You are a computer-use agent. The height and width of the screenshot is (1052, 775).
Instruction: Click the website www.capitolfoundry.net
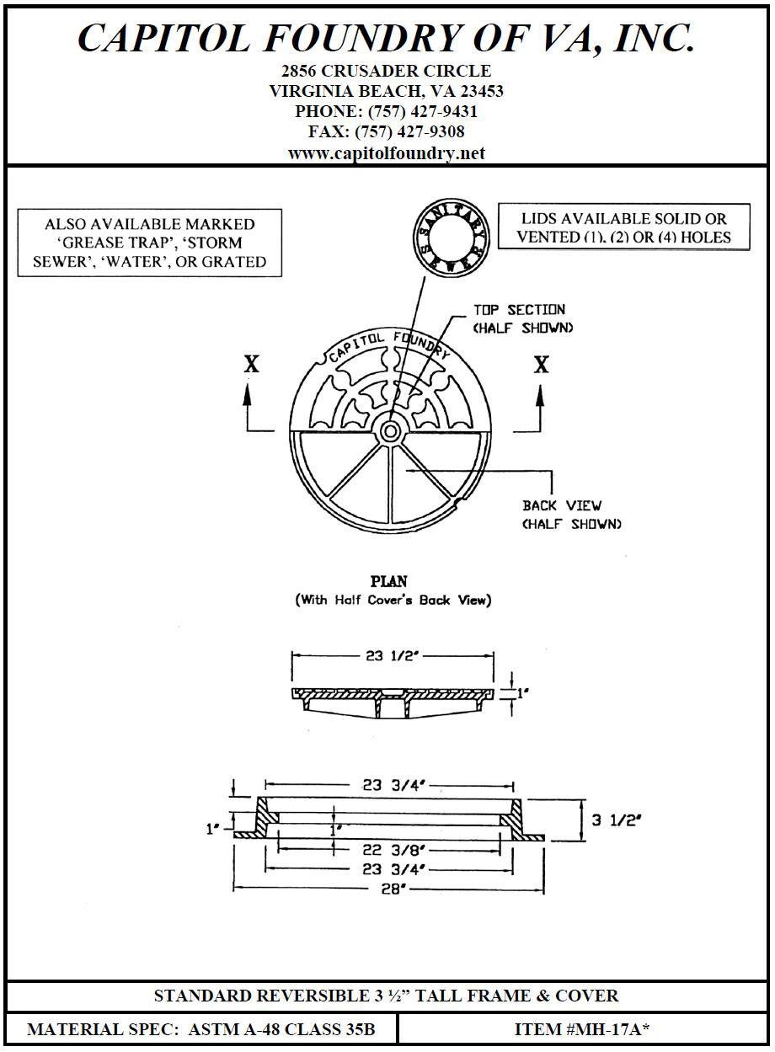point(387,152)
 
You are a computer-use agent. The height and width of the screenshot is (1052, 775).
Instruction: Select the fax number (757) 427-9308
point(409,131)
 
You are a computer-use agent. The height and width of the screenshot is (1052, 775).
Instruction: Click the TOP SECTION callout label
point(519,310)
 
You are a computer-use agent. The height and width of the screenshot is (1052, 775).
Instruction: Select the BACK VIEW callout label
point(562,505)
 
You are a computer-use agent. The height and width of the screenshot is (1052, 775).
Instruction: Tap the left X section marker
point(251,365)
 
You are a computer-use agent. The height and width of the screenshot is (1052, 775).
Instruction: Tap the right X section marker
point(542,365)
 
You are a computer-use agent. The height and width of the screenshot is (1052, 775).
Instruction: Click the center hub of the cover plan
point(390,431)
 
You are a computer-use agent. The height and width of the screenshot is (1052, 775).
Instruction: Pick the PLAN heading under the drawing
point(389,581)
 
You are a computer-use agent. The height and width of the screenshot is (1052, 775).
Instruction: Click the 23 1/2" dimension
point(393,656)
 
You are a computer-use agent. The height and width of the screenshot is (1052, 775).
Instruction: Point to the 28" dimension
point(389,889)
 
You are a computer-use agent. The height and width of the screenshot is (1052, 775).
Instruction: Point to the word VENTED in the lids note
point(548,237)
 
